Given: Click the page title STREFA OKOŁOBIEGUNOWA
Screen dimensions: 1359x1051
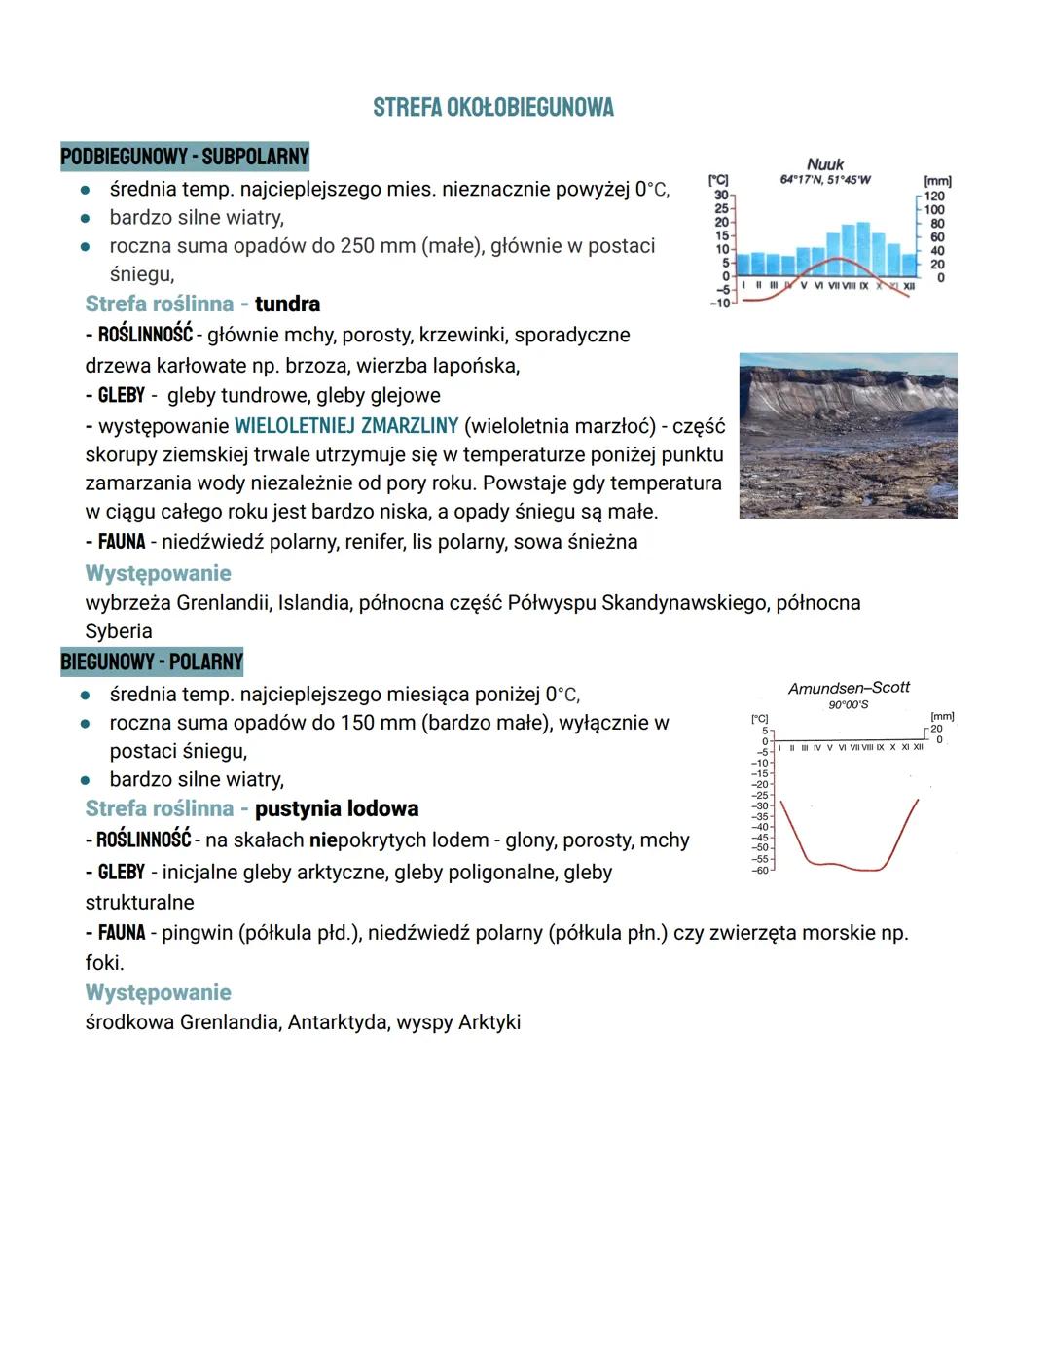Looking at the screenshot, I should pos(493,107).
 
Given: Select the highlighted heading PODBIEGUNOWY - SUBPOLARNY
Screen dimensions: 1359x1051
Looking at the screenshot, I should pos(184,156).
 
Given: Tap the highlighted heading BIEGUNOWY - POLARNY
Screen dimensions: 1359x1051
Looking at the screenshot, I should pos(152,662).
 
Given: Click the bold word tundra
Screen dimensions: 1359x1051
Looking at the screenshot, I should pos(287,304).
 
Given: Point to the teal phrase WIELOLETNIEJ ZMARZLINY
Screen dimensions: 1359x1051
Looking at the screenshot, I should pos(346,426).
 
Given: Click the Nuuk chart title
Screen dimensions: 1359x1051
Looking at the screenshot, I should pos(825,164).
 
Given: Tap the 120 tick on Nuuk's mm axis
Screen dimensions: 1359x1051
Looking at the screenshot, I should pos(934,197).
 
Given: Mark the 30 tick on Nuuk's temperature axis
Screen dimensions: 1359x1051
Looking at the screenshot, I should pos(721,196).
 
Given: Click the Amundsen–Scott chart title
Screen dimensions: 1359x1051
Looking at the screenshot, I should pos(849,688).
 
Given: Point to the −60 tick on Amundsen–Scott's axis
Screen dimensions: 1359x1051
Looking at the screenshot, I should pos(760,870).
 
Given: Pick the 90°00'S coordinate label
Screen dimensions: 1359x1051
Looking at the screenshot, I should pos(849,704).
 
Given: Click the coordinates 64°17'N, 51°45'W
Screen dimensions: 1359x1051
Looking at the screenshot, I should pos(825,180).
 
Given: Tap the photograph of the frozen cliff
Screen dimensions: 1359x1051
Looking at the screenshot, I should pos(848,435).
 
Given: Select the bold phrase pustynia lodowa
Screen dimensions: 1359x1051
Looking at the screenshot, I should pos(337,808).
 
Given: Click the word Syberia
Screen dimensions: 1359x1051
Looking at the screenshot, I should pos(119,630).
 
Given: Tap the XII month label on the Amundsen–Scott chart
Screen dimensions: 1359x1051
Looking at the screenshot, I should pos(917,747).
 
